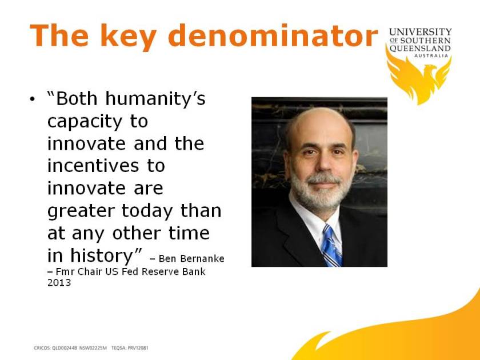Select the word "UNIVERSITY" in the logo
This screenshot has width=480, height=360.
(420, 32)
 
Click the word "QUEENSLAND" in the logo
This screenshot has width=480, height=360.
(420, 49)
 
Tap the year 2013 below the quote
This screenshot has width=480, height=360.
(59, 282)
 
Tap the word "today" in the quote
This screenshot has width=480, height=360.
(148, 211)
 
